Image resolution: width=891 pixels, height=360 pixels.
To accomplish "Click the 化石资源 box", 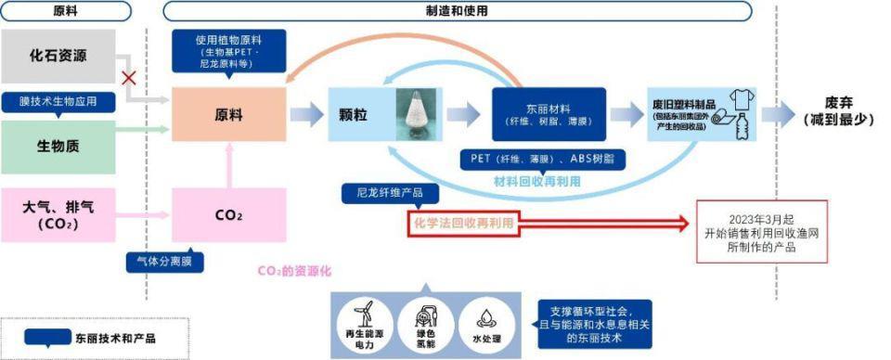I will (58, 56).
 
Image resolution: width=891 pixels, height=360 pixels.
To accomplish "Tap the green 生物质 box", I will (58, 144).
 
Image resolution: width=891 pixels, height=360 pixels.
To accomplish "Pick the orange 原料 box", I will (228, 115).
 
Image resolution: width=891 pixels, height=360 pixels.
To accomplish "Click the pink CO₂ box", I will (228, 214).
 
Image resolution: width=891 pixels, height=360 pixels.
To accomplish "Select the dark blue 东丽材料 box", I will (548, 114).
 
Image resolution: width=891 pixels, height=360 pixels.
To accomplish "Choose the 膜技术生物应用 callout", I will (59, 100).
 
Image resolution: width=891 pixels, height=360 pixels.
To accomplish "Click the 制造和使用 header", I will (456, 11).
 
